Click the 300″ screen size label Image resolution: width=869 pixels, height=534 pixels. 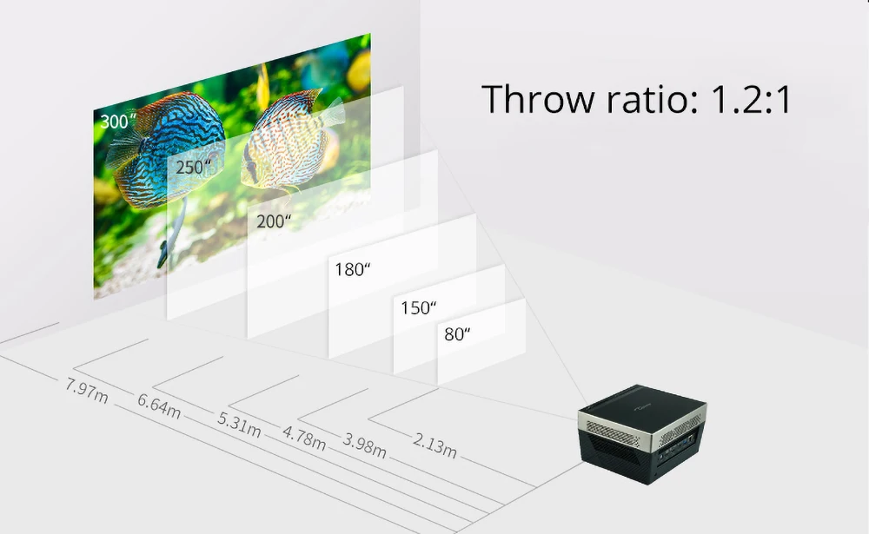click(x=118, y=122)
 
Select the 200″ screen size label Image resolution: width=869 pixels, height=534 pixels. click(x=274, y=221)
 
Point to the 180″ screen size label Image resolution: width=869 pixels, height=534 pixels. click(x=353, y=268)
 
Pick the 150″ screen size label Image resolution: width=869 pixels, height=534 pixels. click(x=418, y=308)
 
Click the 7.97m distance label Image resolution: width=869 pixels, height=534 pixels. click(x=86, y=392)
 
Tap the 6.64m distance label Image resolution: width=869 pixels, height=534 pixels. click(x=159, y=405)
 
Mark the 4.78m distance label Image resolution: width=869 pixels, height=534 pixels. click(x=304, y=438)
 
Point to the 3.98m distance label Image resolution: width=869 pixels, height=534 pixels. click(x=364, y=444)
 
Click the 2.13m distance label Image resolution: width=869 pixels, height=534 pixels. click(x=434, y=446)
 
